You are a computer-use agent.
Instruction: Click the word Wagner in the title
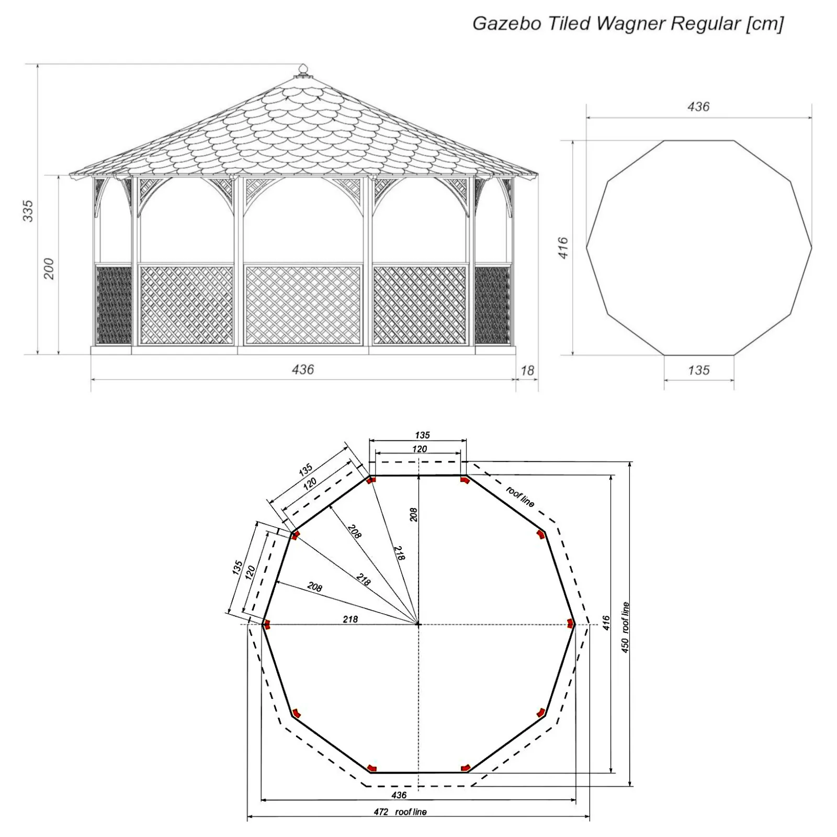(x=630, y=24)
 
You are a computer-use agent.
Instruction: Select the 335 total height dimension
(x=28, y=210)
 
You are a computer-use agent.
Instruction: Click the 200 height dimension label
(x=49, y=268)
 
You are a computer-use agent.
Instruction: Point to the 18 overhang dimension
(x=527, y=370)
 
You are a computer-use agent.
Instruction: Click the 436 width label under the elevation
(x=303, y=369)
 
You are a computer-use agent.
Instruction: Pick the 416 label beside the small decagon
(x=563, y=247)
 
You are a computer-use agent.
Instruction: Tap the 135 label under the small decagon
(x=699, y=370)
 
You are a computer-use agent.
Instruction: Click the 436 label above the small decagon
(x=699, y=107)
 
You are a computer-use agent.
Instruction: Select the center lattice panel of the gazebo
(x=303, y=305)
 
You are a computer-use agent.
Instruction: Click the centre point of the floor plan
(x=418, y=624)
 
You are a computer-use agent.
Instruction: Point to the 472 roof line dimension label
(x=400, y=812)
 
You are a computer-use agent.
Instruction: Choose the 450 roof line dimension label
(x=626, y=628)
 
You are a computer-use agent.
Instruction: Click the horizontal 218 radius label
(x=350, y=619)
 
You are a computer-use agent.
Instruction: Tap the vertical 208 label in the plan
(x=413, y=515)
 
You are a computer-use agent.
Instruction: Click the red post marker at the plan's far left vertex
(x=266, y=624)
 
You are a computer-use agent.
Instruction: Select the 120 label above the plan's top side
(x=420, y=449)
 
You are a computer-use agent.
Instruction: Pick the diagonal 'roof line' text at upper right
(x=521, y=496)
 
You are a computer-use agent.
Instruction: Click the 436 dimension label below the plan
(x=399, y=795)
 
